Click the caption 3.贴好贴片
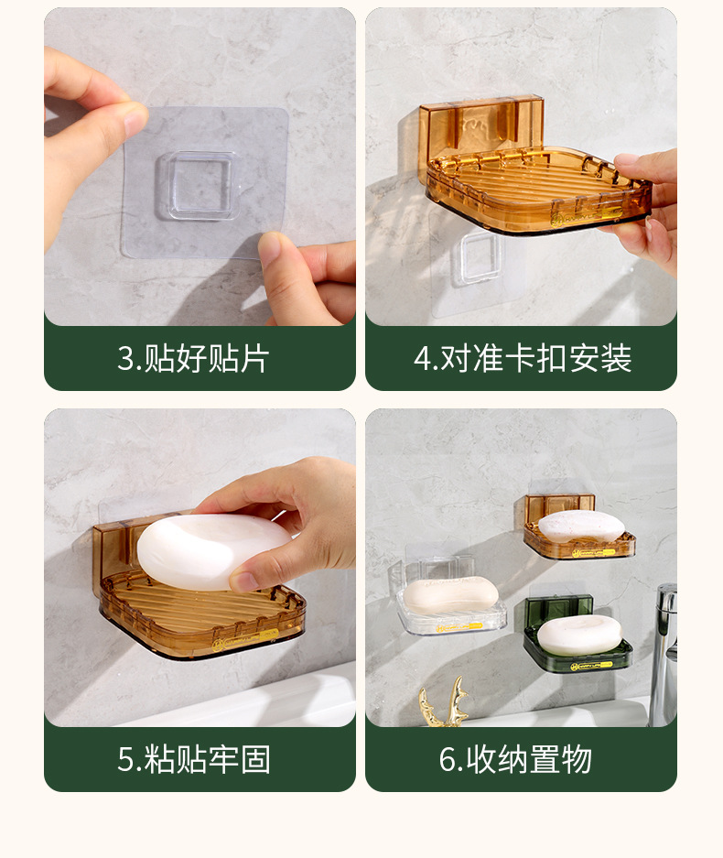pyautogui.click(x=193, y=358)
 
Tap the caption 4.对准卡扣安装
pyautogui.click(x=523, y=358)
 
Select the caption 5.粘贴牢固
pyautogui.click(x=194, y=759)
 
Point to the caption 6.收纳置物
pyautogui.click(x=515, y=759)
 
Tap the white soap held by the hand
pyautogui.click(x=212, y=551)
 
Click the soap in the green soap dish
pyautogui.click(x=579, y=635)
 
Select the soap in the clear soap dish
pyautogui.click(x=450, y=595)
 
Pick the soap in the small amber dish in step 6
pyautogui.click(x=581, y=527)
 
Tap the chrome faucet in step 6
pyautogui.click(x=664, y=655)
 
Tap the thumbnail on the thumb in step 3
pyautogui.click(x=135, y=122)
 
